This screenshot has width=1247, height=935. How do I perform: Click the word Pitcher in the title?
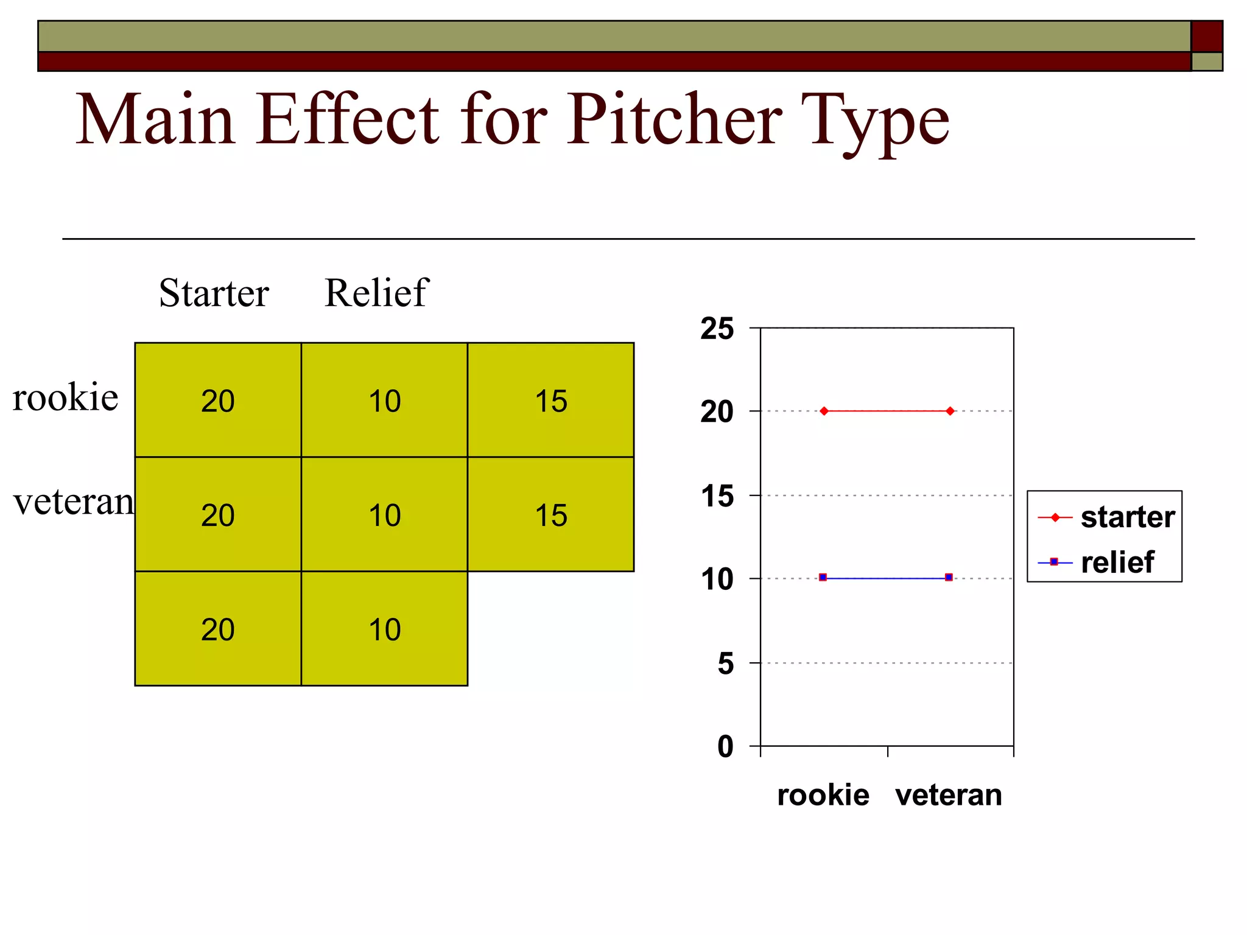click(675, 120)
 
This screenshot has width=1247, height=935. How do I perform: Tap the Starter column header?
click(214, 293)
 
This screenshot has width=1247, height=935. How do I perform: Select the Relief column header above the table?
click(376, 293)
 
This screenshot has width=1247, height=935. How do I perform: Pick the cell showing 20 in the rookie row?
click(218, 401)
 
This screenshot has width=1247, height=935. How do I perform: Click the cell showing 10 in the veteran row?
click(384, 515)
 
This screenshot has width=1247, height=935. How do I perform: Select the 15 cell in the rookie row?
click(550, 401)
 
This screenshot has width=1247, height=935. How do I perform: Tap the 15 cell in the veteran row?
click(550, 515)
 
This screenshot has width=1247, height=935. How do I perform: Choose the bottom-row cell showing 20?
click(218, 629)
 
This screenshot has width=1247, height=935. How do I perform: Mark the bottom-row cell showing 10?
click(384, 629)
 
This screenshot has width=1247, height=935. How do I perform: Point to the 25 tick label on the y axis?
click(717, 329)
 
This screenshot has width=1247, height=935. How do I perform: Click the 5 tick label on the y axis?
click(725, 663)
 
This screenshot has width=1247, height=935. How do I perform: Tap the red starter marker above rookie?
click(824, 411)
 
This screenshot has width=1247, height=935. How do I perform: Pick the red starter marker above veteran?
click(950, 411)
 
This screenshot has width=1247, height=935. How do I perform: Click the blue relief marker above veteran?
click(949, 577)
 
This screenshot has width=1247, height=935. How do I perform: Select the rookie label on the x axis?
click(823, 795)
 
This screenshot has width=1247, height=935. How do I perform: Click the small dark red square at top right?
click(1206, 36)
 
